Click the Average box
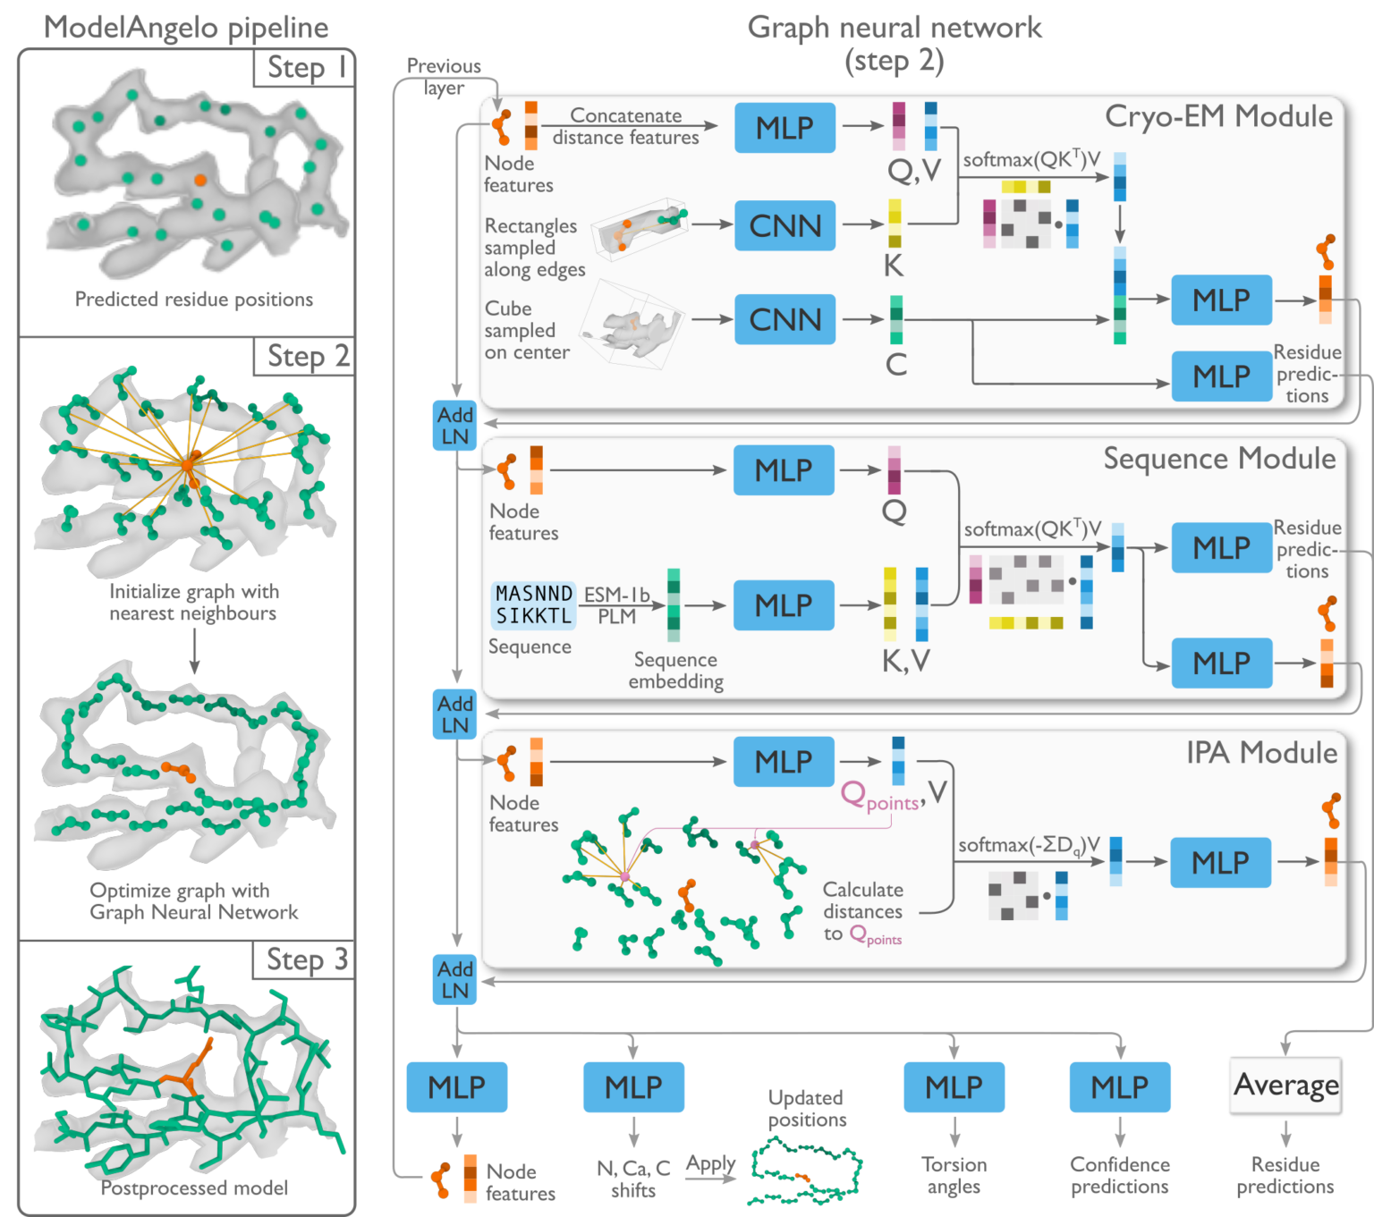point(1285,1086)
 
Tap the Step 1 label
point(305,68)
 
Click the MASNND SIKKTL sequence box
point(533,604)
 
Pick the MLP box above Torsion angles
point(954,1086)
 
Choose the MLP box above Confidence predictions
point(1119,1086)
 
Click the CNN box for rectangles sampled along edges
point(785,225)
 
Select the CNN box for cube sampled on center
point(785,319)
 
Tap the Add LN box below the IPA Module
point(454,980)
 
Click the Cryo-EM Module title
point(1218,116)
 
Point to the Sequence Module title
point(1218,459)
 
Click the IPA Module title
point(1261,753)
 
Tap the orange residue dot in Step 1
point(200,180)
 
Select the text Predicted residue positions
point(194,300)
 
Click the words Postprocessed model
point(194,1187)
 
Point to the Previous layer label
point(444,77)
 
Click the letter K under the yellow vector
point(893,266)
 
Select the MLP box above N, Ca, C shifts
point(633,1086)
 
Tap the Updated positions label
point(806,1109)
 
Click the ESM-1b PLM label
point(616,605)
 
